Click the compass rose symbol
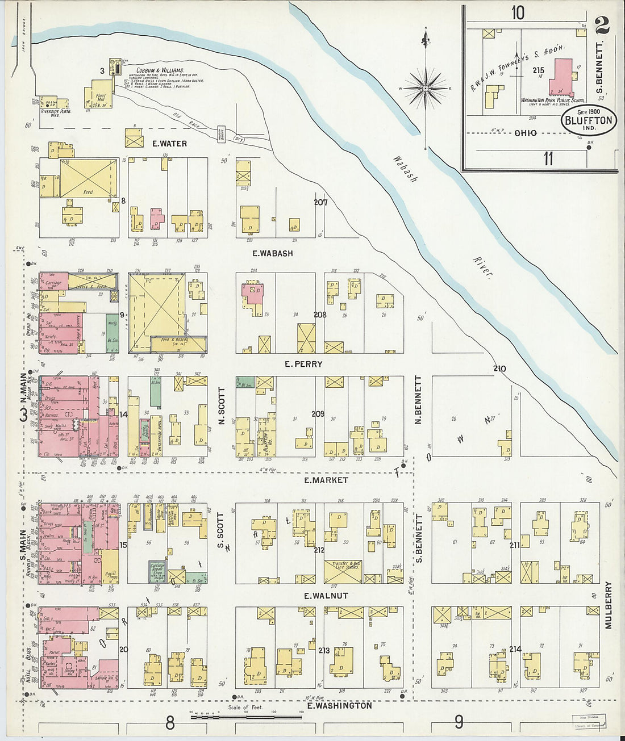pos(426,89)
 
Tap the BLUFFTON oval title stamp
pos(589,120)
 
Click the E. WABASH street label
pos(273,253)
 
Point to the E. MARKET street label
pos(326,480)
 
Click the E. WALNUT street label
pos(326,596)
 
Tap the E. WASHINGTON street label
pos(339,705)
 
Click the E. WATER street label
pos(169,144)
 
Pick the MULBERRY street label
pos(609,604)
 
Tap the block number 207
pos(320,202)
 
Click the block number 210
pos(499,369)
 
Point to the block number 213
pos(324,650)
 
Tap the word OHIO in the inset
pos(525,133)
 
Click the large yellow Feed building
pos(88,178)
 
